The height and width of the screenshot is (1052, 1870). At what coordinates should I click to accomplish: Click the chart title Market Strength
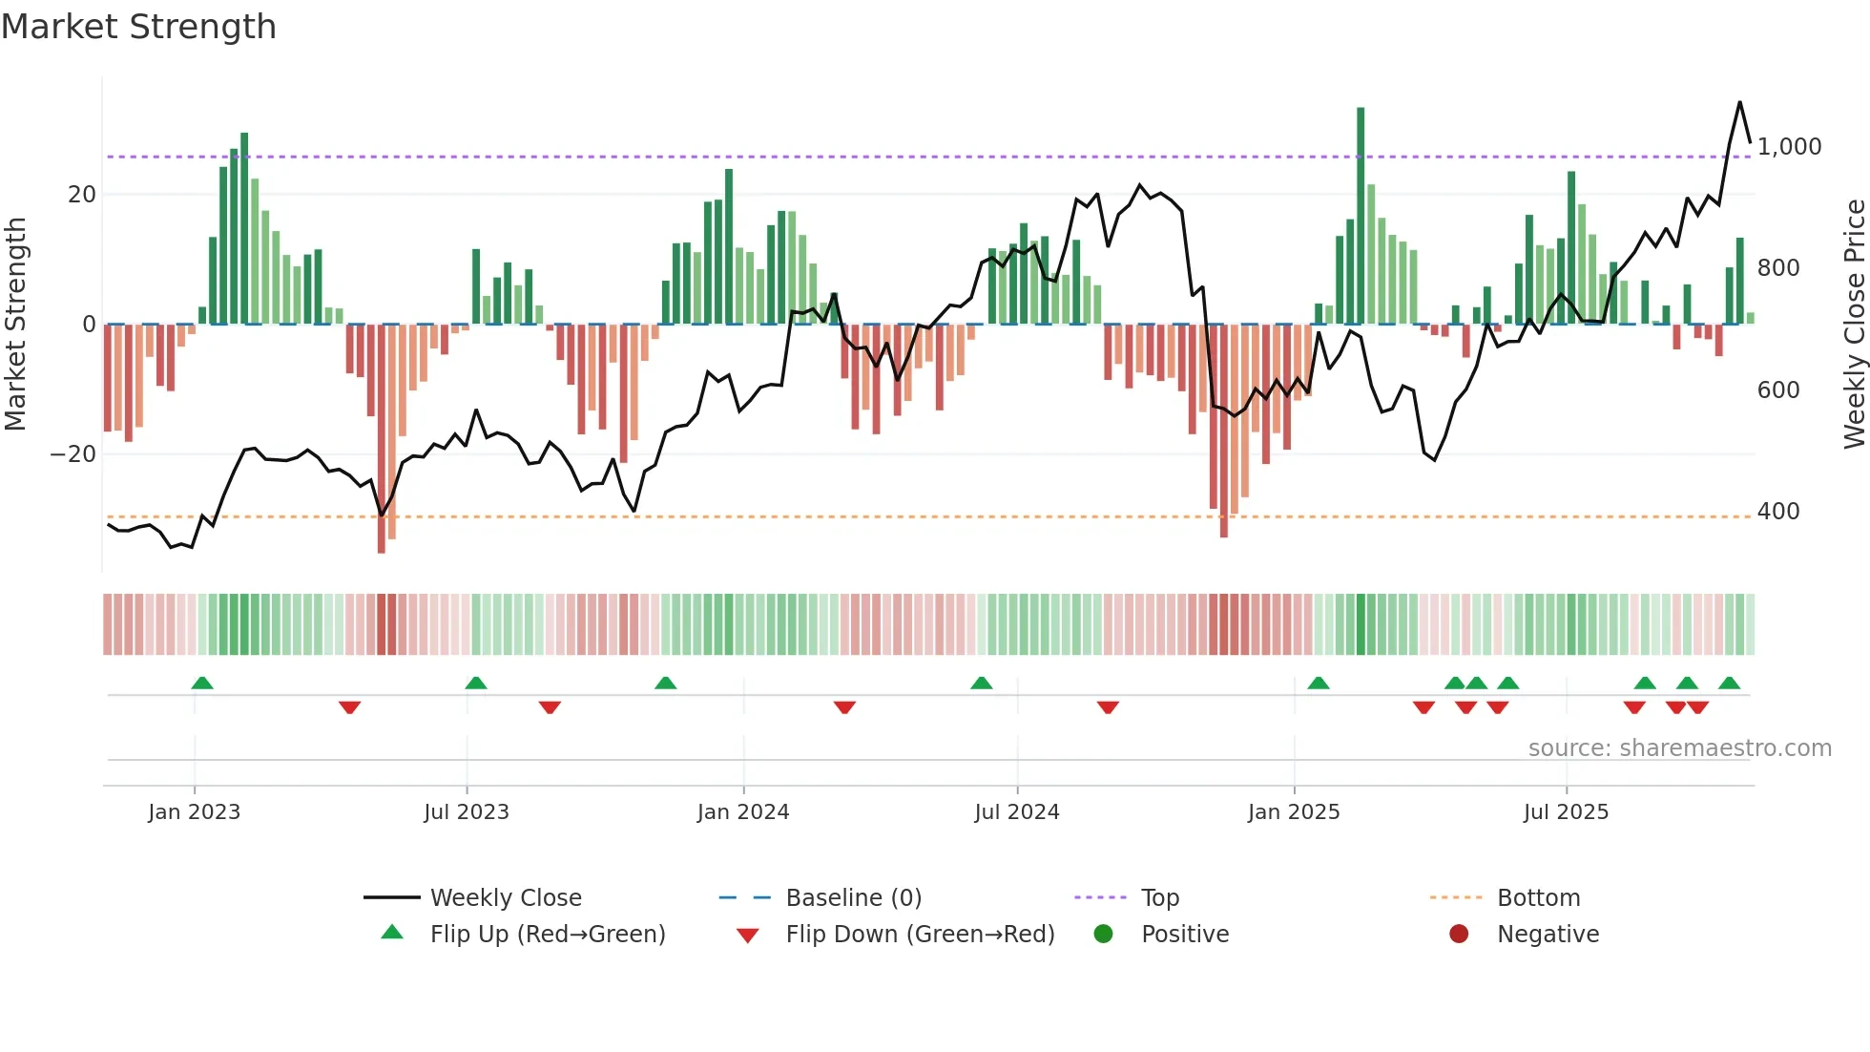point(138,27)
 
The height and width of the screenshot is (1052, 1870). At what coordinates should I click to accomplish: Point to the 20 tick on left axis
point(82,195)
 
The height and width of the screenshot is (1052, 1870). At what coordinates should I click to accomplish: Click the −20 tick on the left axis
point(73,454)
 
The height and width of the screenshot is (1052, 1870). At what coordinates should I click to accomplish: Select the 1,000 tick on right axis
point(1789,147)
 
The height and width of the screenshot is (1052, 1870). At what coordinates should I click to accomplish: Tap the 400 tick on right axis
point(1778,512)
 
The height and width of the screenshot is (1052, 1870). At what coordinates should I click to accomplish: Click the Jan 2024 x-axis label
point(743,812)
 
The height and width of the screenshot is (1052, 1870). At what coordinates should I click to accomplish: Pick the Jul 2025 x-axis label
point(1566,812)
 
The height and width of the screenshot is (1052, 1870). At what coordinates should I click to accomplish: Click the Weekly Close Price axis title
point(1854,325)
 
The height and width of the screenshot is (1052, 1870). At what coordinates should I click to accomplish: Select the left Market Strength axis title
point(15,325)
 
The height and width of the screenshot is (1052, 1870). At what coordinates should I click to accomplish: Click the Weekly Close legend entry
point(505,898)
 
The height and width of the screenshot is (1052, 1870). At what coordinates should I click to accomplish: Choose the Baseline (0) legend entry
point(853,898)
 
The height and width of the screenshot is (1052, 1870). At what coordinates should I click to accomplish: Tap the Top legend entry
point(1159,898)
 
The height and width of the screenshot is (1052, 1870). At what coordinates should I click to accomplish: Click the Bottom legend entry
point(1538,898)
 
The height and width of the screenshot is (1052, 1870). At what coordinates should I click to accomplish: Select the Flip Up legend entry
point(547,935)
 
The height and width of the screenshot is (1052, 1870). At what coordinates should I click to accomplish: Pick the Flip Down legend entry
point(920,935)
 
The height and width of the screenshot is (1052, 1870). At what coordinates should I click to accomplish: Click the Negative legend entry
point(1547,935)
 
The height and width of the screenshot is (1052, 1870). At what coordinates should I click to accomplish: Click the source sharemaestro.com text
point(1679,748)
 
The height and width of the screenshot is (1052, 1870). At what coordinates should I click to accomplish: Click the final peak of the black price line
point(1739,102)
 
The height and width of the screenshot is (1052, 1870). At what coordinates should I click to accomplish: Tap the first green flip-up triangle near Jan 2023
point(202,683)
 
